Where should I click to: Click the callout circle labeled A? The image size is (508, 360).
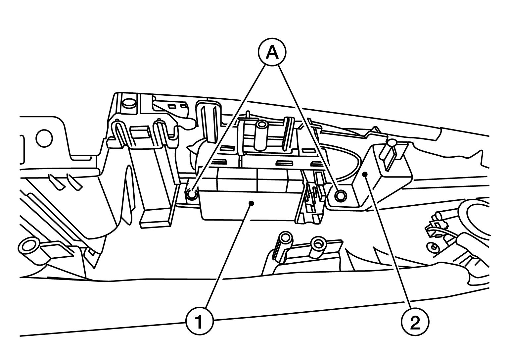tap(272, 53)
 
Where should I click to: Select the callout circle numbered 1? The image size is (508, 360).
tap(199, 321)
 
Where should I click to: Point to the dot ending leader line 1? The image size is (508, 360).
tap(252, 203)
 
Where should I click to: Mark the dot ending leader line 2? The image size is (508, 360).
tap(365, 174)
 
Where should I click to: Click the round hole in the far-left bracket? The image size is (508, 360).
tap(44, 138)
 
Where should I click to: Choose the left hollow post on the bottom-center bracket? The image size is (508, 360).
tap(285, 241)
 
